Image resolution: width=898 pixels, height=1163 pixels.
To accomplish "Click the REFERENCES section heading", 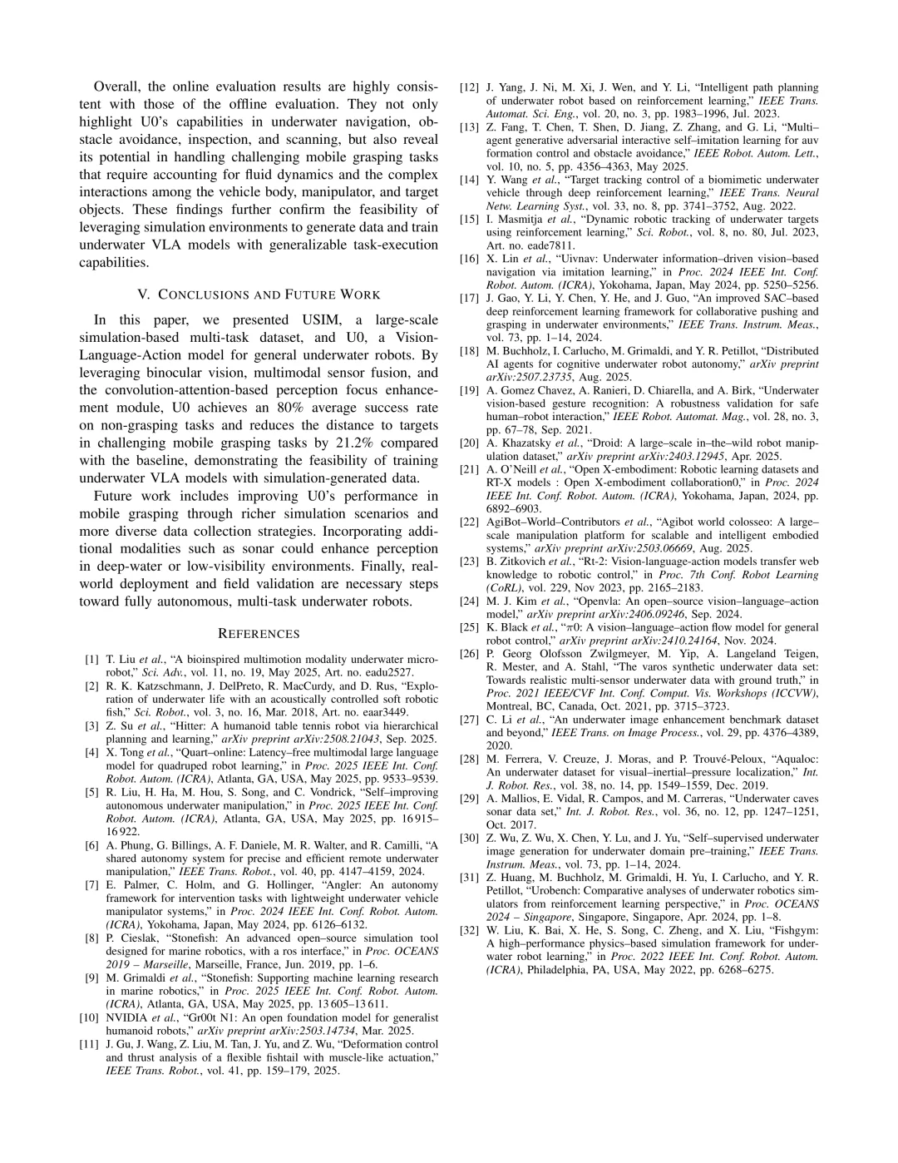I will tap(258, 634).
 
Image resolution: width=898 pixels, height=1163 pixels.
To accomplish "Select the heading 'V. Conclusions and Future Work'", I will tap(258, 294).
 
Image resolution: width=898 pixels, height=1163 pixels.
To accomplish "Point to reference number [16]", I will tap(470, 259).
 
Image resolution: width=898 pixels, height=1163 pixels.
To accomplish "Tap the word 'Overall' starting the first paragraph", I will tap(117, 87).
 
